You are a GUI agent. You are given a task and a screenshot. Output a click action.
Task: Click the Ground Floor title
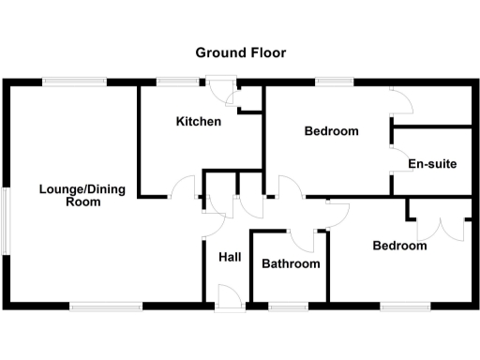pos(241,52)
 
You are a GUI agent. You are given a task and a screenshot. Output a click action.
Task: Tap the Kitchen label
pos(199,122)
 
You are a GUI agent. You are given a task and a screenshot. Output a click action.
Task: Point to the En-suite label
pos(432,165)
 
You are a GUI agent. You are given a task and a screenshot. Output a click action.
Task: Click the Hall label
pos(230,257)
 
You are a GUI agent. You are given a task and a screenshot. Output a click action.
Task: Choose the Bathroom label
pos(291,264)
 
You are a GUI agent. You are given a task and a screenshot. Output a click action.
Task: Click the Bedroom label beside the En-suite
pos(331,131)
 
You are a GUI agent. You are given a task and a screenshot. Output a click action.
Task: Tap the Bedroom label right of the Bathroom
pos(399,247)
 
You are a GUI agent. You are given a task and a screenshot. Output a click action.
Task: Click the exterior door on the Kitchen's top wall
pos(221,88)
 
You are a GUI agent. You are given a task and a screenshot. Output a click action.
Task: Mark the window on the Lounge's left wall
pos(7,219)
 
